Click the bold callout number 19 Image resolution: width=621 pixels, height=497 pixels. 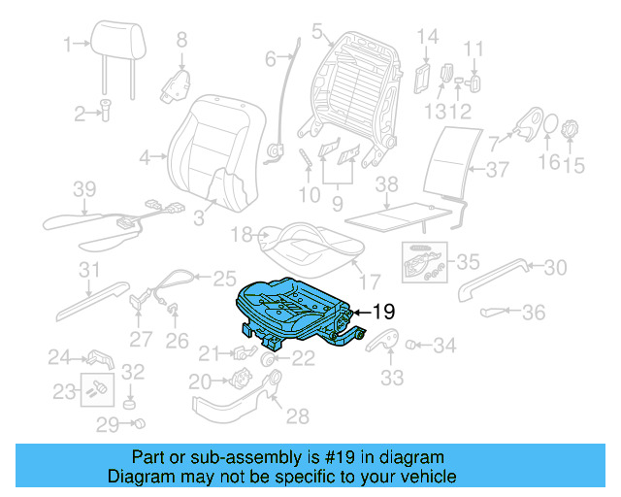click(384, 312)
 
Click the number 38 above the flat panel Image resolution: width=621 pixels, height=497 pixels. click(387, 183)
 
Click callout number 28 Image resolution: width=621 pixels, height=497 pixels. click(297, 416)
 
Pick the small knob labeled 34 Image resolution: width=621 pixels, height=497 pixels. click(410, 344)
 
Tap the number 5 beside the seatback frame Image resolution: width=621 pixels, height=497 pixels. click(316, 33)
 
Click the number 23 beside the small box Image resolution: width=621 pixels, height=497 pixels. click(64, 391)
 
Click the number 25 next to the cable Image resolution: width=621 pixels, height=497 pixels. click(224, 277)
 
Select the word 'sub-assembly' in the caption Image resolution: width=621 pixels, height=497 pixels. click(225, 457)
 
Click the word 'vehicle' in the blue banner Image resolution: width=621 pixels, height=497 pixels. click(428, 477)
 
